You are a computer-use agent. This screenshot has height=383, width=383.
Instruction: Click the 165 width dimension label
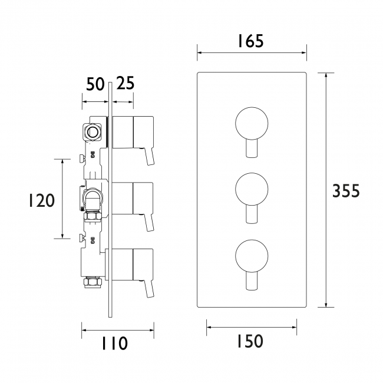point(250,41)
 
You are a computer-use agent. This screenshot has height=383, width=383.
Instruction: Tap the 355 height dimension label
point(346,191)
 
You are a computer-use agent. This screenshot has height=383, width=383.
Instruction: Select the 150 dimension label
point(250,341)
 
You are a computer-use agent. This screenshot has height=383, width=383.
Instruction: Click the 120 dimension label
point(41,200)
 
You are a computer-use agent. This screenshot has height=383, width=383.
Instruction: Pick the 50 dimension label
point(95,84)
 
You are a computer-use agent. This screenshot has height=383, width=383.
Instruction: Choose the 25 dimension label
point(124,84)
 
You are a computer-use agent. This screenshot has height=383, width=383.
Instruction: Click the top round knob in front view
point(252,124)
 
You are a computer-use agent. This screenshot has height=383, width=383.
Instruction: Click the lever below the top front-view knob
point(252,150)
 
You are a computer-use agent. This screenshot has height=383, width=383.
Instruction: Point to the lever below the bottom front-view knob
point(252,282)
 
